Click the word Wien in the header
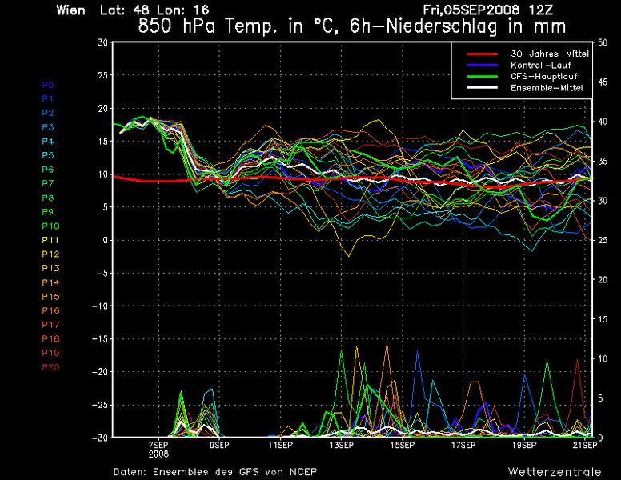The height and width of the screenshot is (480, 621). pyautogui.click(x=72, y=10)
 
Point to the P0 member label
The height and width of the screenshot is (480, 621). pyautogui.click(x=47, y=84)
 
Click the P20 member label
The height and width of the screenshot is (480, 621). pyautogui.click(x=50, y=367)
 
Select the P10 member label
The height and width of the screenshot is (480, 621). pyautogui.click(x=50, y=226)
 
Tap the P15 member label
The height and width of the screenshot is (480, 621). pyautogui.click(x=50, y=297)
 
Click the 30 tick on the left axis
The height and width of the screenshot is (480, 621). pyautogui.click(x=102, y=42)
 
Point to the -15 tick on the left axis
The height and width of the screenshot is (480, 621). pyautogui.click(x=99, y=339)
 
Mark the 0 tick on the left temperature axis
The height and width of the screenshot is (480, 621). pyautogui.click(x=105, y=240)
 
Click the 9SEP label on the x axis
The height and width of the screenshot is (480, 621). pyautogui.click(x=219, y=445)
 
